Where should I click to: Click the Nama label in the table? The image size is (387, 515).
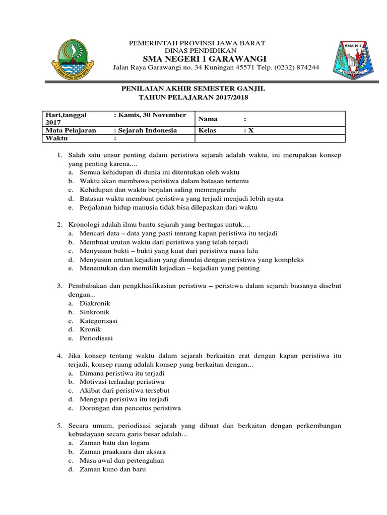(207, 119)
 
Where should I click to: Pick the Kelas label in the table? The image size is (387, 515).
(208, 130)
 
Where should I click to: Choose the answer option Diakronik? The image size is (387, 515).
(95, 303)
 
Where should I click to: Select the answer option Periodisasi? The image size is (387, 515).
(96, 337)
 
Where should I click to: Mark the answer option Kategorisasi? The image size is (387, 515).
(98, 320)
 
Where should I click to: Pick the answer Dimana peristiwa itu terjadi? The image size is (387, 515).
(122, 374)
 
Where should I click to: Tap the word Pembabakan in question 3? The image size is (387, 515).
(89, 286)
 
